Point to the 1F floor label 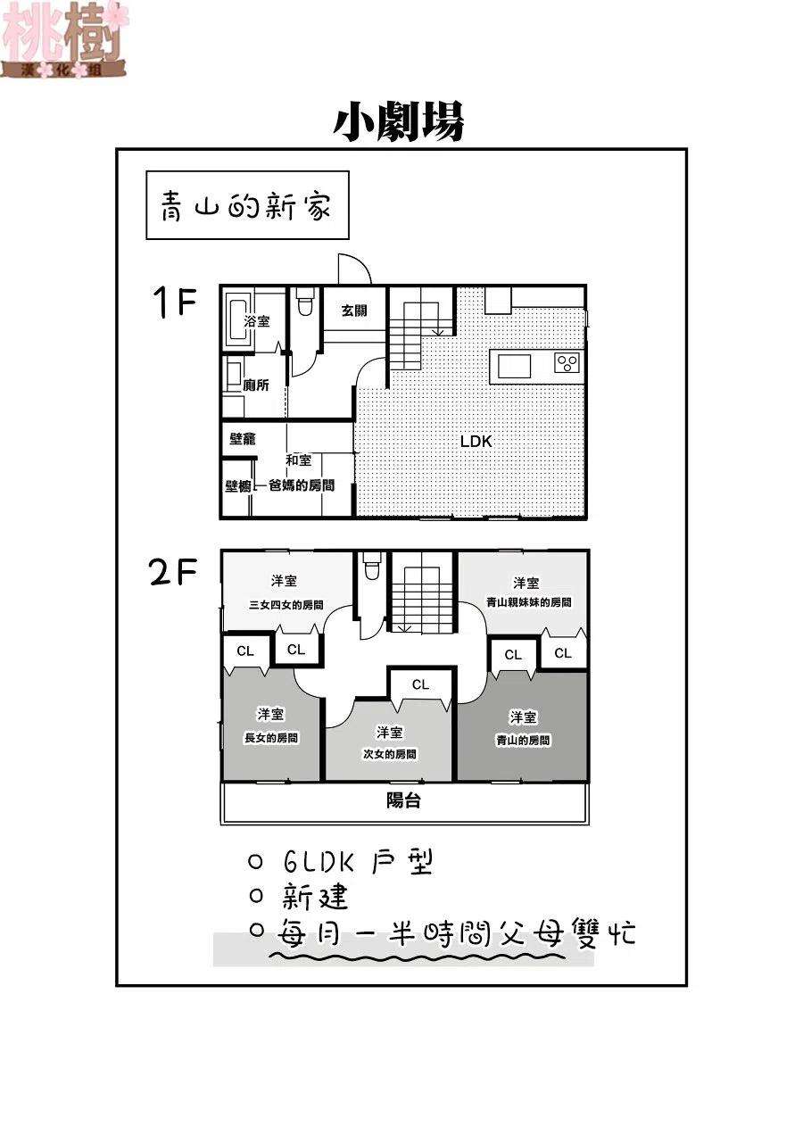[175, 304]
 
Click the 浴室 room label [257, 321]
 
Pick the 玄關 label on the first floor [353, 311]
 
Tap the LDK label [476, 441]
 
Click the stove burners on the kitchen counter [567, 362]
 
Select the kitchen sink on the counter [514, 366]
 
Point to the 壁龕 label [243, 439]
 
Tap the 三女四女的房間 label [285, 604]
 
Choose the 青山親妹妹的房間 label [528, 602]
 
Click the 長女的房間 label [271, 738]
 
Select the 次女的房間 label [389, 753]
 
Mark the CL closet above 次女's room [420, 685]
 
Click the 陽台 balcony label [403, 800]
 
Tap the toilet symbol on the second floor [371, 567]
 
